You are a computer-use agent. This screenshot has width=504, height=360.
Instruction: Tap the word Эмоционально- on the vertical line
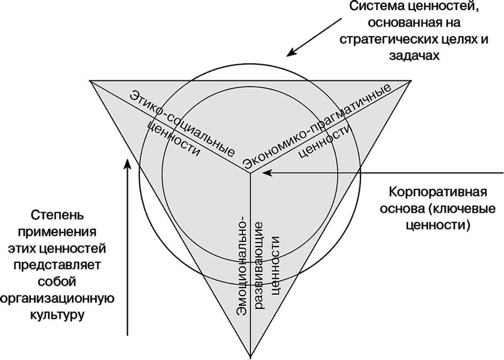pyautogui.click(x=241, y=266)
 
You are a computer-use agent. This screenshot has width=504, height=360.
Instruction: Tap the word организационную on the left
pyautogui.click(x=57, y=298)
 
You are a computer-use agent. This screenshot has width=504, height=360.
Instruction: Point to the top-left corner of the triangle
pyautogui.click(x=90, y=81)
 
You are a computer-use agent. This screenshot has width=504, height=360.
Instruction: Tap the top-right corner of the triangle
pyautogui.click(x=411, y=81)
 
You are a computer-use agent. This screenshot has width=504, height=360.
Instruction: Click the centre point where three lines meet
pyautogui.click(x=250, y=172)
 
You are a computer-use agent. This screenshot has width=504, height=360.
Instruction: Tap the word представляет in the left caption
pyautogui.click(x=57, y=265)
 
